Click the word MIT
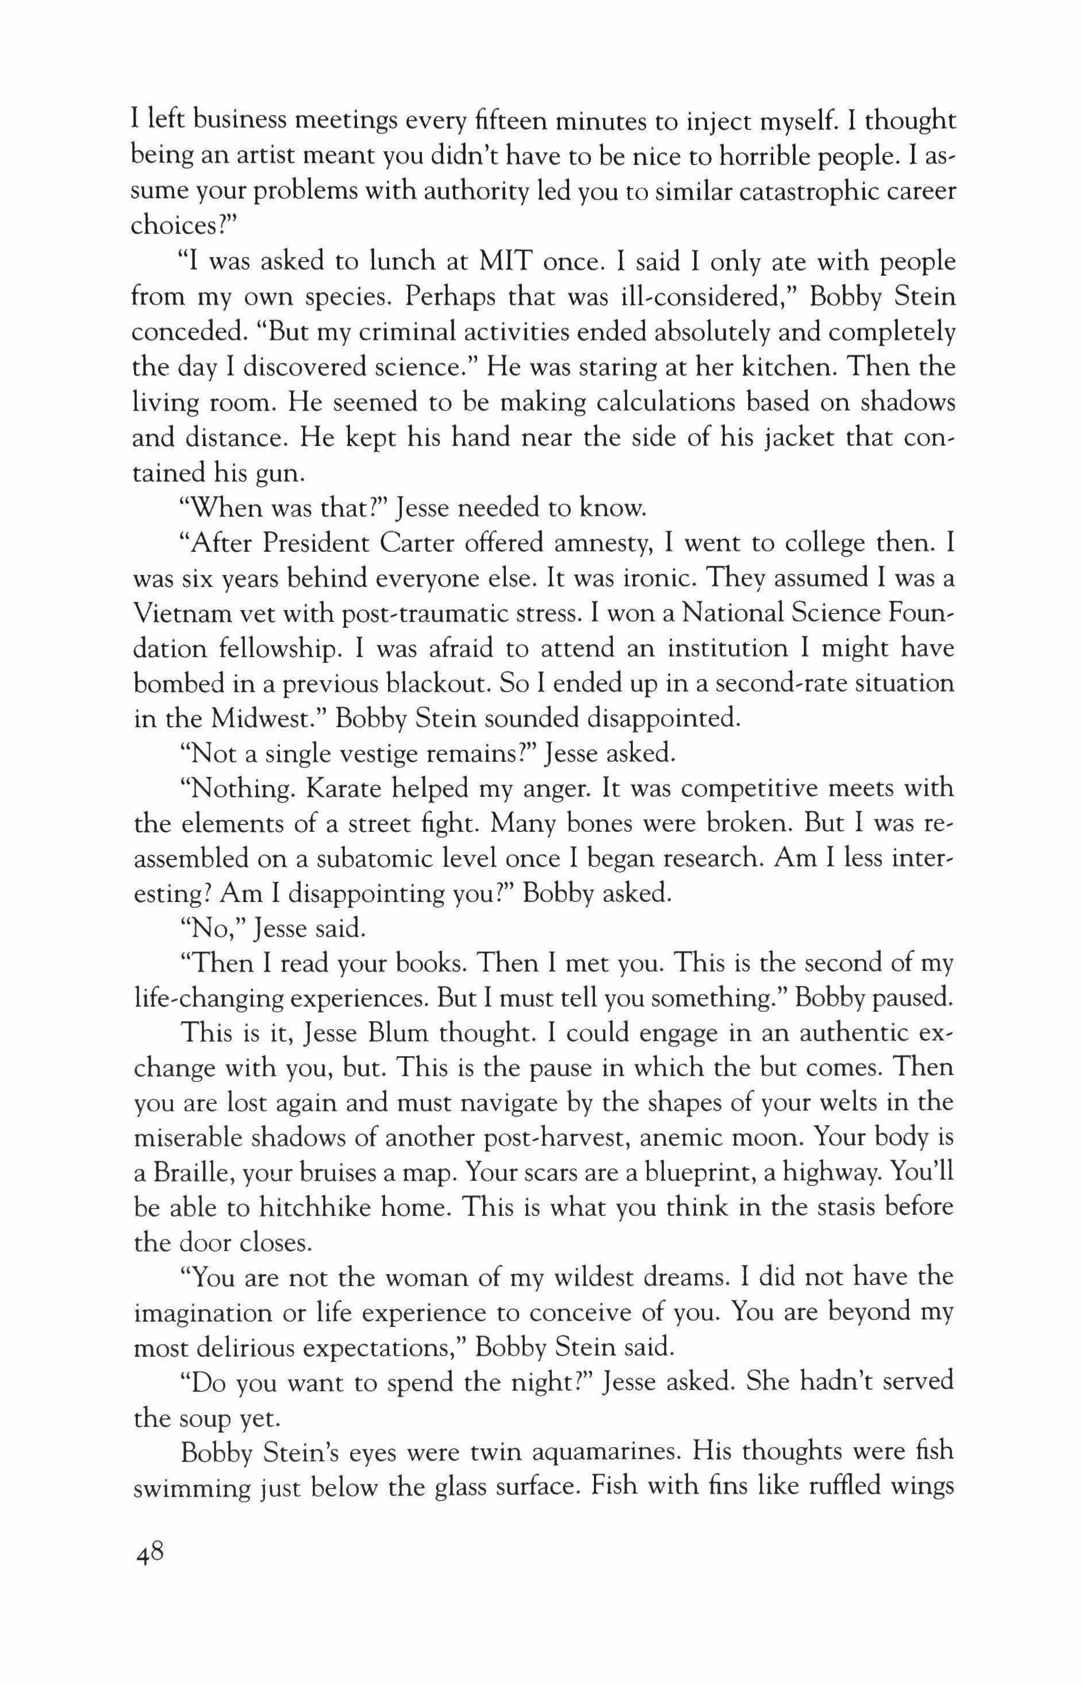507,263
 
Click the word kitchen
779,367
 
